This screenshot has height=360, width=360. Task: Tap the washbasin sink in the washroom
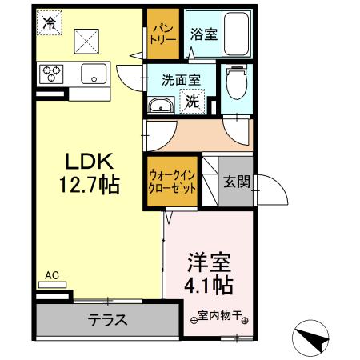pyautogui.click(x=160, y=104)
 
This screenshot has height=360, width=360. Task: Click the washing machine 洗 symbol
pyautogui.click(x=194, y=102)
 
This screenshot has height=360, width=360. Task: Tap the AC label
pyautogui.click(x=51, y=277)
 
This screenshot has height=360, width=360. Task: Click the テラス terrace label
pyautogui.click(x=106, y=320)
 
